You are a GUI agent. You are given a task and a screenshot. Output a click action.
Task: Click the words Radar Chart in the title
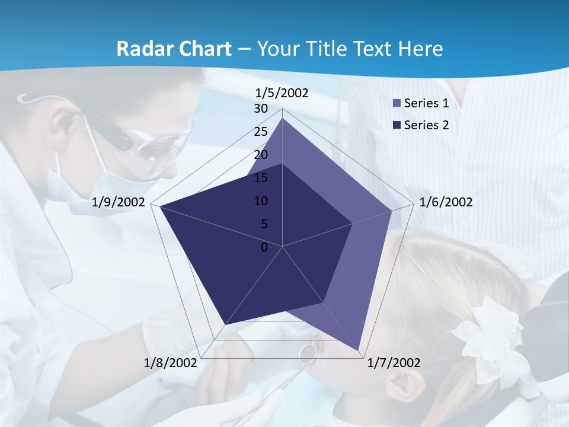click(x=174, y=49)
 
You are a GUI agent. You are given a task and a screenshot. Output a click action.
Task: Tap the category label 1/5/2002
click(x=282, y=93)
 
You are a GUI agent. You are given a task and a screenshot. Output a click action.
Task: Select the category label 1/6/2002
click(x=446, y=202)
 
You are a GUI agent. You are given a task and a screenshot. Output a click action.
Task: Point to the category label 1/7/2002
click(x=394, y=363)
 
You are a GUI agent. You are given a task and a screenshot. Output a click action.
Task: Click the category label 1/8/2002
click(x=171, y=363)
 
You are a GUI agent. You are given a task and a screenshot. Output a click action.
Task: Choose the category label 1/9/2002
click(x=119, y=202)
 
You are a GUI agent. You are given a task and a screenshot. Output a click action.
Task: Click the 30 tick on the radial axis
click(x=260, y=109)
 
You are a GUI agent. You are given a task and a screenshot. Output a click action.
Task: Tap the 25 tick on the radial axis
click(x=260, y=132)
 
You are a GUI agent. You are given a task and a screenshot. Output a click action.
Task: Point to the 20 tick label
click(x=260, y=155)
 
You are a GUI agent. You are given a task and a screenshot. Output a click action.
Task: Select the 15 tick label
click(x=260, y=178)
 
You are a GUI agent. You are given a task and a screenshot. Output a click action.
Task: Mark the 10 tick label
click(x=260, y=201)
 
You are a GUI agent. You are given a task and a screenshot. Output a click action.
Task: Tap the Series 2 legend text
click(x=426, y=125)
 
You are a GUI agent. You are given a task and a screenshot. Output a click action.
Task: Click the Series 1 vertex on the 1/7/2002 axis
click(x=359, y=350)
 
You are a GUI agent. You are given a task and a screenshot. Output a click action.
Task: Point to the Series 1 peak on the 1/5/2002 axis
click(x=282, y=119)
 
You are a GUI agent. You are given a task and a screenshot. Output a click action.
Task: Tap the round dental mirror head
click(x=309, y=352)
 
